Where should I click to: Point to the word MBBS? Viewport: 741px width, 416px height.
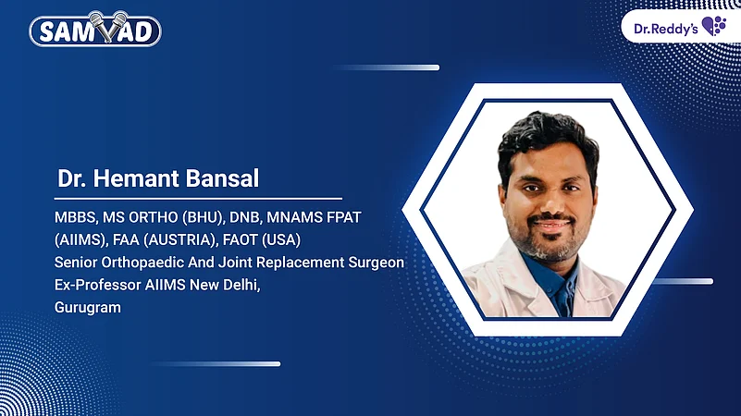[x=74, y=218]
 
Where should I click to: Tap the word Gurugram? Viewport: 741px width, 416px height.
[x=88, y=307]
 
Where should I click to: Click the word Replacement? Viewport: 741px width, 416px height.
[x=290, y=263]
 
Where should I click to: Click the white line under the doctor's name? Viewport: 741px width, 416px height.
[x=199, y=198]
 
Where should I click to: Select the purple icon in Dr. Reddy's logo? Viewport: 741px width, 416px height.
[x=714, y=25]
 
